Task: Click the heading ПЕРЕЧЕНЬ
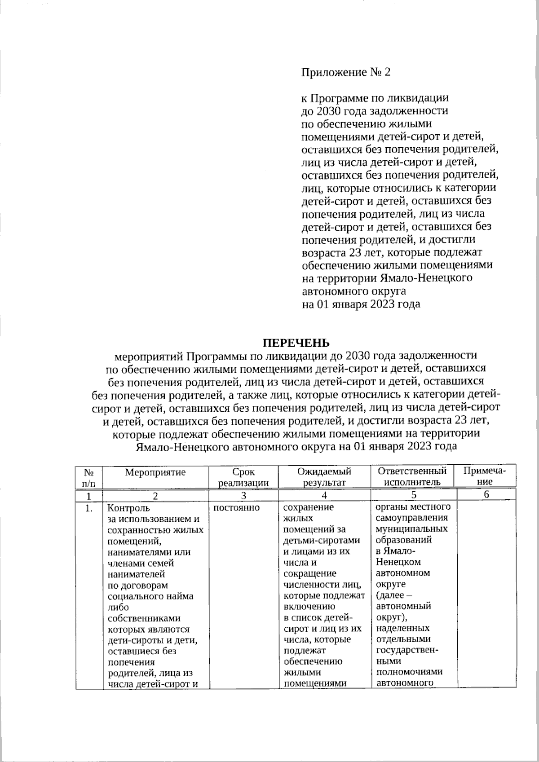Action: pos(296,343)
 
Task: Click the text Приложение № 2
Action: pos(345,72)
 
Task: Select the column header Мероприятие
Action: pos(155,472)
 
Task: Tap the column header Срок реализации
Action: pos(243,477)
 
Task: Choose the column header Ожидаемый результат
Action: pos(324,477)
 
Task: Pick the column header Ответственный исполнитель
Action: pos(412,476)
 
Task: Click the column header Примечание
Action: pos(485,476)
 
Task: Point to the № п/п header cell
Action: pos(89,477)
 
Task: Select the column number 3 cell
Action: pos(243,496)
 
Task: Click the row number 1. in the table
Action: pos(89,508)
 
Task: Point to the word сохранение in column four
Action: pos(309,507)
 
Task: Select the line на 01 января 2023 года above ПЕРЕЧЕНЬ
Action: pos(360,304)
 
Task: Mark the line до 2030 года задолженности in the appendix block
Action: pos(374,110)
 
